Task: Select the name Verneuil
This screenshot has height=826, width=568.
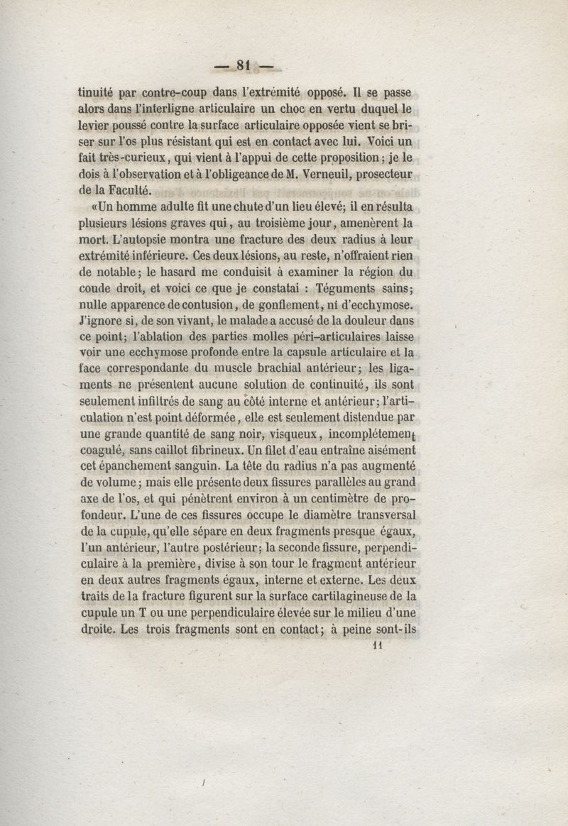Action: point(297,173)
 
